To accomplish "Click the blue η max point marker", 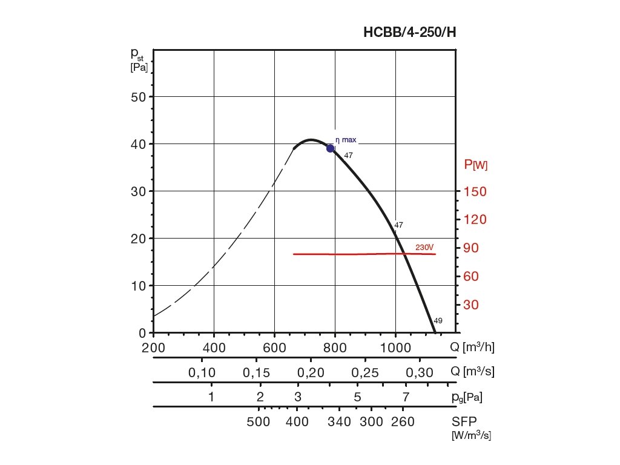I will [x=331, y=148].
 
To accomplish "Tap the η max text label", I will [x=346, y=140].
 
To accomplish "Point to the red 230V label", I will [x=425, y=247].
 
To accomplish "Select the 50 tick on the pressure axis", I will [x=139, y=97].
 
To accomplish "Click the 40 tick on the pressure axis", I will [x=139, y=144].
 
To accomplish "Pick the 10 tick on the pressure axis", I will [x=139, y=286].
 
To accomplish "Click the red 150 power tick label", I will [x=475, y=191].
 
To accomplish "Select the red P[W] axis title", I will [x=476, y=164].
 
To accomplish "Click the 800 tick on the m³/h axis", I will [x=335, y=348].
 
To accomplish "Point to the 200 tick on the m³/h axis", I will [x=153, y=348].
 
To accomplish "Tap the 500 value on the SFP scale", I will [x=259, y=422].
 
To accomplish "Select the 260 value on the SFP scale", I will [x=403, y=422].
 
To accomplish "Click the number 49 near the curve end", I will [x=438, y=321].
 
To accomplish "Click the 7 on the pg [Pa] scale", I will [x=406, y=397].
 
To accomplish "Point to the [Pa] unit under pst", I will [x=139, y=67].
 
